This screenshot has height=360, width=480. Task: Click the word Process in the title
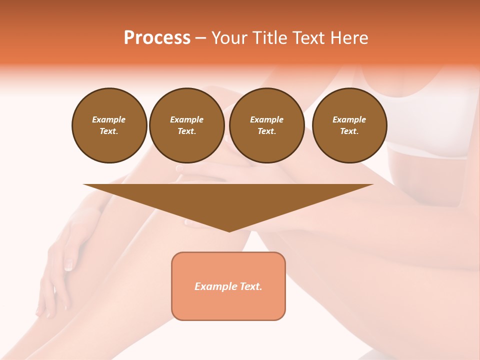click(157, 38)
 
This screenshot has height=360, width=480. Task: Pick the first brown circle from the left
click(109, 125)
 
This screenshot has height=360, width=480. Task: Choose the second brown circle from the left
click(187, 125)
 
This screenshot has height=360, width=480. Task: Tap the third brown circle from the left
click(266, 125)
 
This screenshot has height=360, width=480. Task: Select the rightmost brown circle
click(349, 125)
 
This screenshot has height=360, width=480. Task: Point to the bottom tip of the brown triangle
click(229, 230)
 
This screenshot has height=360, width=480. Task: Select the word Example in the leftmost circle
click(109, 119)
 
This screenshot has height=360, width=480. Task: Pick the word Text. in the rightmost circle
click(349, 131)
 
